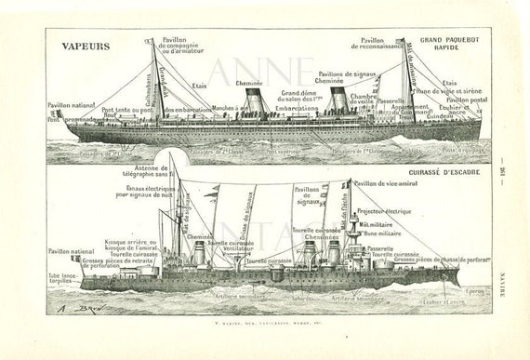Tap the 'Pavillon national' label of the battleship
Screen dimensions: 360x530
tap(70, 250)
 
